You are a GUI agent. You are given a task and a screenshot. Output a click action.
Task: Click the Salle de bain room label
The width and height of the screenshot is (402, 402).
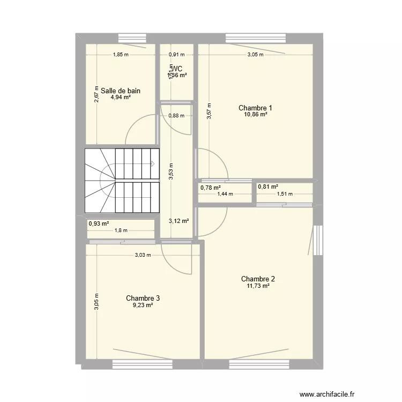pyautogui.click(x=121, y=91)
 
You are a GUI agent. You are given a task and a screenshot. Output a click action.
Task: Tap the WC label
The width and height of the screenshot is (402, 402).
pyautogui.click(x=177, y=69)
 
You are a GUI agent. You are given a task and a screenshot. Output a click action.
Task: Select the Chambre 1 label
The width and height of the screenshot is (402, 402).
pyautogui.click(x=255, y=108)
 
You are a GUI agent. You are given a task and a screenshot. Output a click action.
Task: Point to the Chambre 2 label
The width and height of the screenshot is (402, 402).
pyautogui.click(x=258, y=279)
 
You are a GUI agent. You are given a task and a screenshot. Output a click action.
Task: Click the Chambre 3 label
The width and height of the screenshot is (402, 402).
pyautogui.click(x=143, y=298)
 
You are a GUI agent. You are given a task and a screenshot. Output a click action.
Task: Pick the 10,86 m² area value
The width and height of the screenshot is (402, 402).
pyautogui.click(x=255, y=115)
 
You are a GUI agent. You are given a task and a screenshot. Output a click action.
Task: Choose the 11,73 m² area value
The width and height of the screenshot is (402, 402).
pyautogui.click(x=258, y=286)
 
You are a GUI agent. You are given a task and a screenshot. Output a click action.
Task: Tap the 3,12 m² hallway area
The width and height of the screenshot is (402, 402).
pyautogui.click(x=179, y=220)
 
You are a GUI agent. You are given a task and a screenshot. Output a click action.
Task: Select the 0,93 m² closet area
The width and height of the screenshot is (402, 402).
pyautogui.click(x=99, y=224)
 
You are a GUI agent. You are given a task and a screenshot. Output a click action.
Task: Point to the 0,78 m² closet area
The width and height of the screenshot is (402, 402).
pyautogui.click(x=211, y=187)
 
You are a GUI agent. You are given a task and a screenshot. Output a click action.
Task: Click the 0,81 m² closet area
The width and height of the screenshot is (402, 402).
pyautogui.click(x=268, y=187)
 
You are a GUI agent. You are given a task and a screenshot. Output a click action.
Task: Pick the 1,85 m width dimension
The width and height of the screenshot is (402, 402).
pyautogui.click(x=121, y=54)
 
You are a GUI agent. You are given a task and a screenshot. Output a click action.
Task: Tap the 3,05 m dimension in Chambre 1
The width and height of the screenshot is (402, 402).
pyautogui.click(x=255, y=54)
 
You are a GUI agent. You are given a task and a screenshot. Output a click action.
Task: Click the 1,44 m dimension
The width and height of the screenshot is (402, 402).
pyautogui.click(x=225, y=194)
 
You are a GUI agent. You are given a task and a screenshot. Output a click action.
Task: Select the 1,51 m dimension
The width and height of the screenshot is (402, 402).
pyautogui.click(x=285, y=194)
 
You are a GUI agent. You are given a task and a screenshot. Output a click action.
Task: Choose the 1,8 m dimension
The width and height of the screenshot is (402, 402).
pyautogui.click(x=121, y=230)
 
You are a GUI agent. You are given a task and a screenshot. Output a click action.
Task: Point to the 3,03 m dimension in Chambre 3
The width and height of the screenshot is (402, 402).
pyautogui.click(x=143, y=255)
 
